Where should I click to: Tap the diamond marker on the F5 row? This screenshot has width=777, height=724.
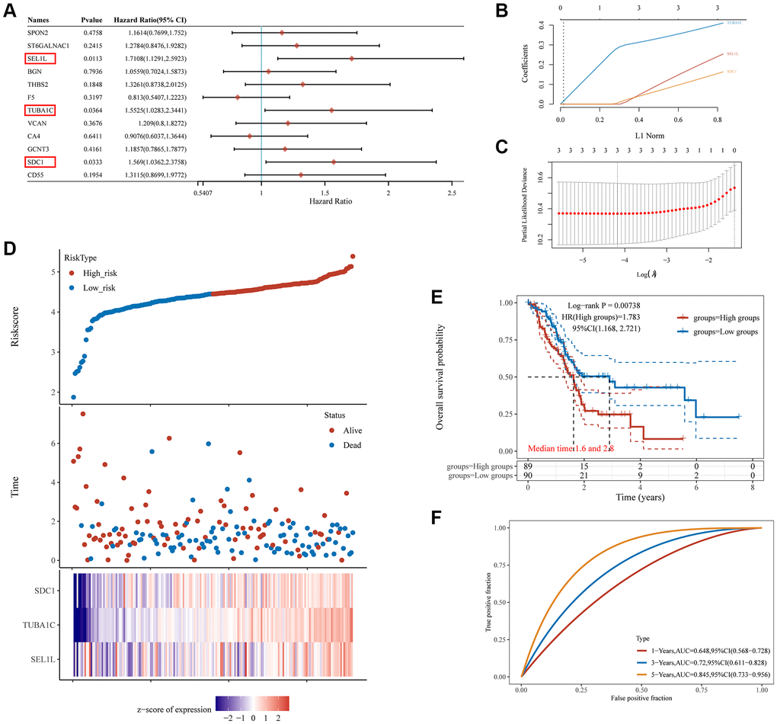coord(238,97)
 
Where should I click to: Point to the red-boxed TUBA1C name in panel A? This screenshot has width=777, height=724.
coord(40,111)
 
